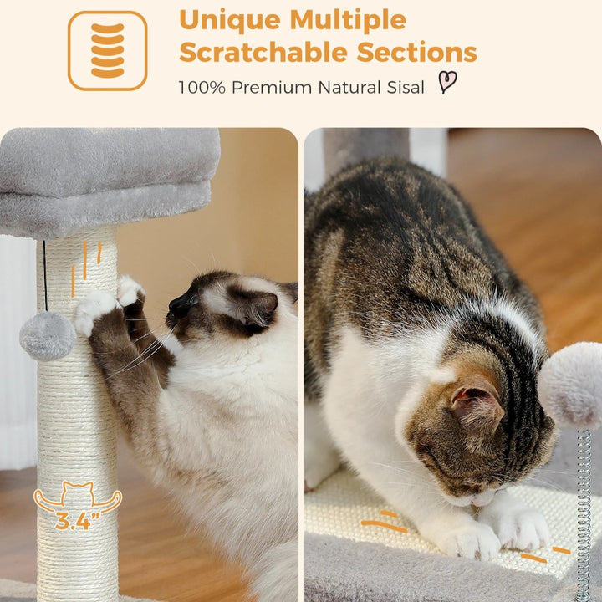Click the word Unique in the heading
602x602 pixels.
(230, 19)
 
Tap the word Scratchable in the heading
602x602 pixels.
(263, 52)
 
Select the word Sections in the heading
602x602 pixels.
(416, 52)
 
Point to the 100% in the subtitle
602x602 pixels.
(202, 87)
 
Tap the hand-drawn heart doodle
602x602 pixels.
(447, 82)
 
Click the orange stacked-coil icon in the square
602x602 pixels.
(108, 50)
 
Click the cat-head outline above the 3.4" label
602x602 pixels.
(79, 493)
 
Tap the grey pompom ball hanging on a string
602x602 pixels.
(48, 336)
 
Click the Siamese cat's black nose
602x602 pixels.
(177, 305)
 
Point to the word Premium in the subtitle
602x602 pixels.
(272, 87)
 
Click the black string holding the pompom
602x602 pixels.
(45, 275)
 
